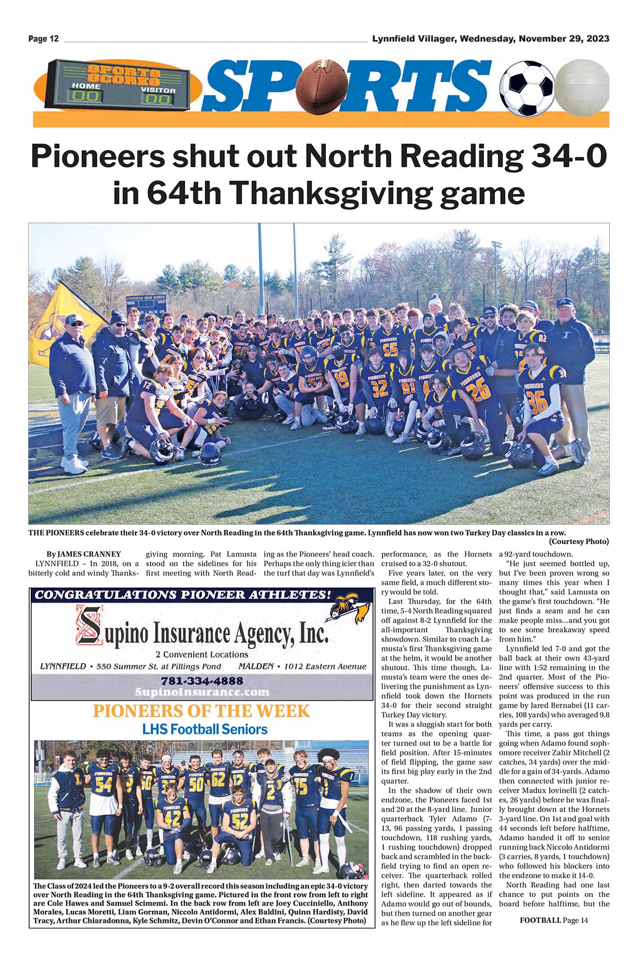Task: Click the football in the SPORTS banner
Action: pyautogui.click(x=322, y=86)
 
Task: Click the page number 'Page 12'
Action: pyautogui.click(x=44, y=39)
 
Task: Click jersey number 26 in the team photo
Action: pyautogui.click(x=478, y=389)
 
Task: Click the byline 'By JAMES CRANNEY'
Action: pyautogui.click(x=83, y=554)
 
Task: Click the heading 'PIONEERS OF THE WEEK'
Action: pyautogui.click(x=201, y=711)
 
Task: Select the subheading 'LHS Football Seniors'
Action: pyautogui.click(x=205, y=729)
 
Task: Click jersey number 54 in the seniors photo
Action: pyautogui.click(x=103, y=783)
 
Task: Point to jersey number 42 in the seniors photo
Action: pyautogui.click(x=172, y=818)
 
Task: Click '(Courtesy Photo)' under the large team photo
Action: pyautogui.click(x=579, y=542)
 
